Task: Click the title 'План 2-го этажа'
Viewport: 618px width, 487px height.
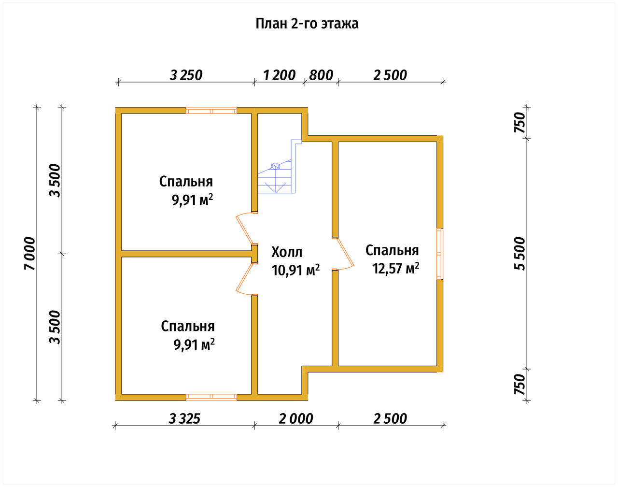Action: pos(307,24)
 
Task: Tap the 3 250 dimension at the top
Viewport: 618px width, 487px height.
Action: pos(186,75)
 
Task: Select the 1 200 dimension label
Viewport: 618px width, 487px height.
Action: pos(279,75)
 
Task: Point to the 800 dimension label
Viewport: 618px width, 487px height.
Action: pos(321,75)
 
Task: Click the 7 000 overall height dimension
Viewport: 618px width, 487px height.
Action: pos(30,254)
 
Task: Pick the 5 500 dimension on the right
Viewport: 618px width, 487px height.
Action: pos(520,254)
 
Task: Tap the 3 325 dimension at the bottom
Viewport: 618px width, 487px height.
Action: pos(184,419)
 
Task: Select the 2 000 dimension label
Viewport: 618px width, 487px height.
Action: pos(296,419)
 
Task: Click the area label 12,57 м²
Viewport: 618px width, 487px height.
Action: pos(396,269)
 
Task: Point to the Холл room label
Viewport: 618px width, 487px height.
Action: pos(287,252)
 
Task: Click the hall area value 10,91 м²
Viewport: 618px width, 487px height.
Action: pos(295,270)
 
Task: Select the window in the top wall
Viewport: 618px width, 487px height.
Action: pos(211,111)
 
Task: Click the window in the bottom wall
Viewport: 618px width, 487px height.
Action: pos(211,397)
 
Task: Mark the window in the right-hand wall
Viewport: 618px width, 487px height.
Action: pos(440,254)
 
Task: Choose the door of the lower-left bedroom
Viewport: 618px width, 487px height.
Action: pos(245,279)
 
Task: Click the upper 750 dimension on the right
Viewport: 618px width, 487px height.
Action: pos(520,122)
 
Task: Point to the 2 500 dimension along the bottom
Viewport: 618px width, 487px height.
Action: pos(390,419)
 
